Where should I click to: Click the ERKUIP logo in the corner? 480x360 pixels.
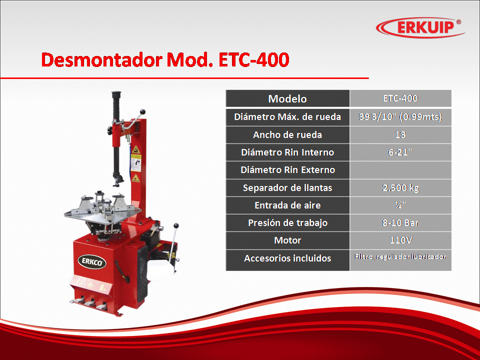click(420, 27)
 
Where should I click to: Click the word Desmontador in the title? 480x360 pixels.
click(102, 59)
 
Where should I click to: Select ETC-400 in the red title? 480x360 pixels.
click(254, 59)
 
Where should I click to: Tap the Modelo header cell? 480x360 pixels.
click(287, 98)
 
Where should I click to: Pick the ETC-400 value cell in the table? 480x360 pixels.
click(400, 98)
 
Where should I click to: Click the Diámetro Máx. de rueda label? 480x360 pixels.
click(287, 117)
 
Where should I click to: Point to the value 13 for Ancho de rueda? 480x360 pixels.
click(400, 134)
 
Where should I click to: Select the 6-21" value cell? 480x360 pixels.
click(400, 152)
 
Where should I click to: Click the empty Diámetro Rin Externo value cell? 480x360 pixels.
click(400, 170)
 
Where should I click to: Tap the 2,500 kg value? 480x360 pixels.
click(400, 187)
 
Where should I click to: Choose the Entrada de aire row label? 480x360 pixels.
click(287, 205)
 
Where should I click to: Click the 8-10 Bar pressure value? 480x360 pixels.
click(400, 223)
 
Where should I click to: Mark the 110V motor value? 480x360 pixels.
click(400, 240)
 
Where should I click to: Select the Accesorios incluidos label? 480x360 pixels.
click(287, 258)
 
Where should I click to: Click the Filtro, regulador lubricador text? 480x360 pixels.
click(400, 256)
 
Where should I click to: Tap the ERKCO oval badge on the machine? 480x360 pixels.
click(92, 262)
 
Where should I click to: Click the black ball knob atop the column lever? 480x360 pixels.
click(142, 111)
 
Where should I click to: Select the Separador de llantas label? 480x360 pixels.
click(287, 187)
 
